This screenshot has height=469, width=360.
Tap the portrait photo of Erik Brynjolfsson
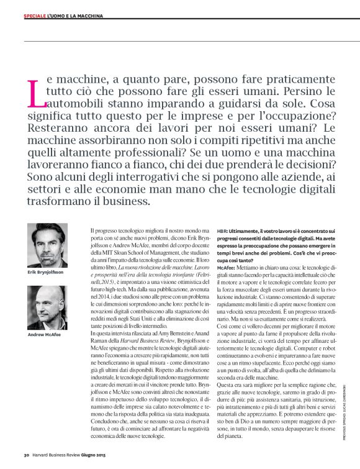pos(48,246)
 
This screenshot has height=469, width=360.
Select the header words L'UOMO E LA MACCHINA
pos(75,15)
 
